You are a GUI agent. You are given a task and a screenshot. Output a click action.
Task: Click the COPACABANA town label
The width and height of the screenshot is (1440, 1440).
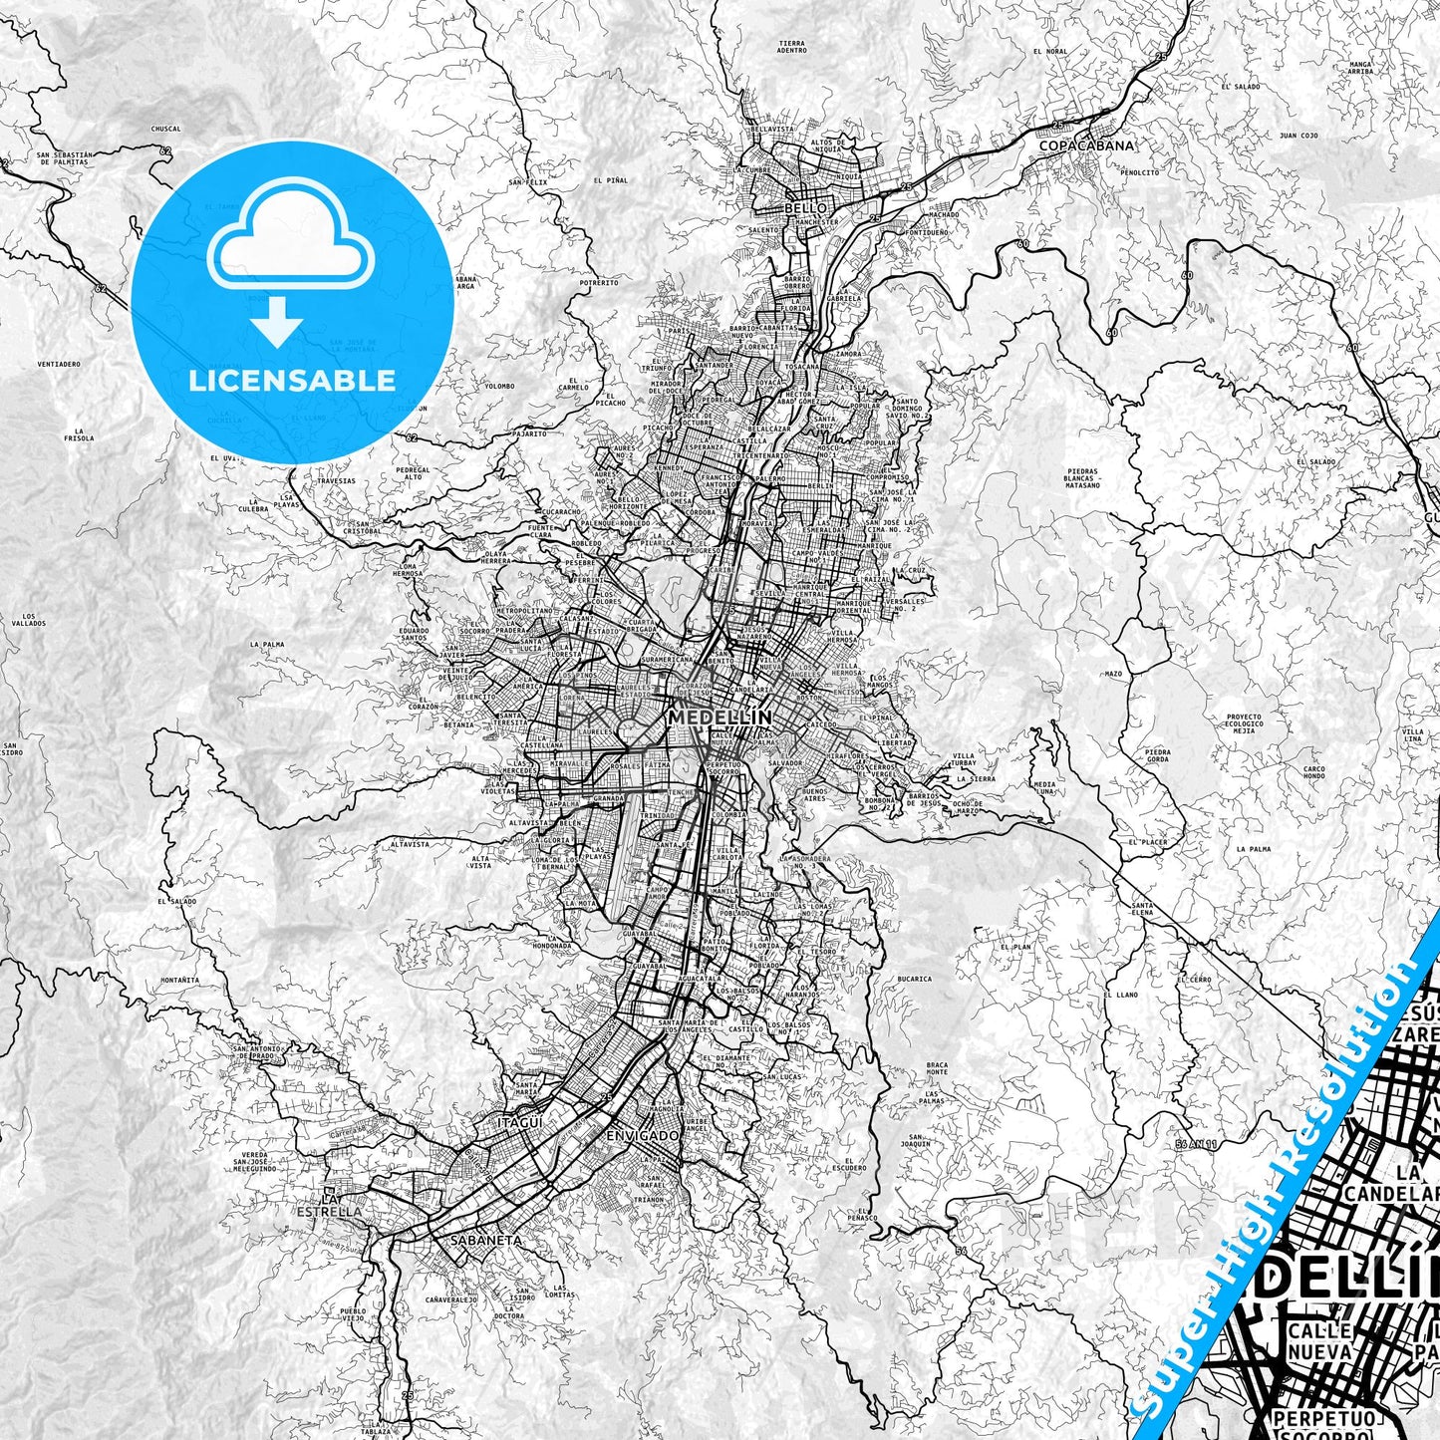[1086, 145]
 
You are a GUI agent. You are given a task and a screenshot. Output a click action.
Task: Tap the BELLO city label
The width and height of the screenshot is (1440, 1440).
[806, 207]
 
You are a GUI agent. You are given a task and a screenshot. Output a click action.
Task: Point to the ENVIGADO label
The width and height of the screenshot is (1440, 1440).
[642, 1136]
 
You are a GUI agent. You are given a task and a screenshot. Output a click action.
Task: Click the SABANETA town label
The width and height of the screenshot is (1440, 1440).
[486, 1241]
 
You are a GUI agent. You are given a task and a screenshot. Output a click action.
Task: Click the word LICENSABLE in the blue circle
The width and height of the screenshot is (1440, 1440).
[292, 380]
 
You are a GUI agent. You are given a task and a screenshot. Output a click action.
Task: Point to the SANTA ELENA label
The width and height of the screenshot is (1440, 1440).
[1142, 908]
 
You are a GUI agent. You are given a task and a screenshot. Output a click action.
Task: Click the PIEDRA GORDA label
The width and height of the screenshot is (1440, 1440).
[1158, 756]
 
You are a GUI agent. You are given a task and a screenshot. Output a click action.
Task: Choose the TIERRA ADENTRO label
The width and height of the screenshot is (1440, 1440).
[792, 47]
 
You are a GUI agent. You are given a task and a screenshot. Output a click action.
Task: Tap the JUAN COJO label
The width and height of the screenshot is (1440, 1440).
[1299, 135]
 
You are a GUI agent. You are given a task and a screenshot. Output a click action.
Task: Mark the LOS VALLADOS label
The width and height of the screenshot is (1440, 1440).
[30, 620]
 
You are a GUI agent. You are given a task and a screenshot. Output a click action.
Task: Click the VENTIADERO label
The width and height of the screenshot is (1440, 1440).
[59, 364]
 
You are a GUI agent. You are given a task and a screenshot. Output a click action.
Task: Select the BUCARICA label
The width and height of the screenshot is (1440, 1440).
[914, 979]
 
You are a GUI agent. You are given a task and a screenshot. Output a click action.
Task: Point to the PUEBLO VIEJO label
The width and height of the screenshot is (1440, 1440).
[353, 1315]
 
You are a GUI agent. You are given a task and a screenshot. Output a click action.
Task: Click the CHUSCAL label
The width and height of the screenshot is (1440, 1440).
[166, 129]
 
